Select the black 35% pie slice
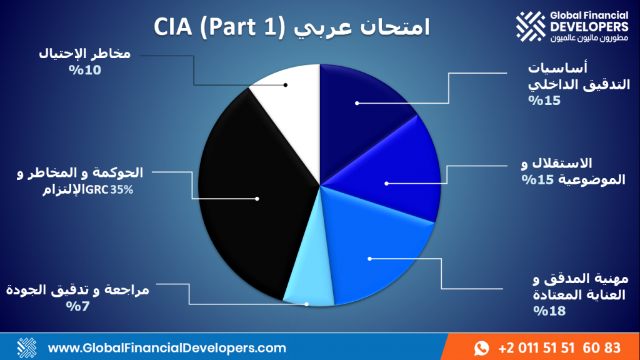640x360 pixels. (x=249, y=196)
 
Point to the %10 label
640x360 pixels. (x=85, y=70)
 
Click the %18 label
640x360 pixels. (x=549, y=311)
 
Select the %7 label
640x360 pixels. (x=77, y=306)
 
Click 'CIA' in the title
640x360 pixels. (x=173, y=27)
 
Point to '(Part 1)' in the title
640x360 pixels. (x=242, y=27)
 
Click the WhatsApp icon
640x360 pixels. (x=482, y=348)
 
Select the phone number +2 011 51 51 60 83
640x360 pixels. (x=559, y=348)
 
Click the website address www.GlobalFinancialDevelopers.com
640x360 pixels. (x=167, y=348)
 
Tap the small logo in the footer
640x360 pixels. (x=27, y=347)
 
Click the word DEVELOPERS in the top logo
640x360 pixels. (x=589, y=27)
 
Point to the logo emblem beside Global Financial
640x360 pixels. (x=530, y=26)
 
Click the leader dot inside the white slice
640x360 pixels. (x=285, y=85)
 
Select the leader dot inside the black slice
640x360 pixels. (x=257, y=199)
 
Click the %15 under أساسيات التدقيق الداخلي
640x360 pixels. (x=544, y=101)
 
